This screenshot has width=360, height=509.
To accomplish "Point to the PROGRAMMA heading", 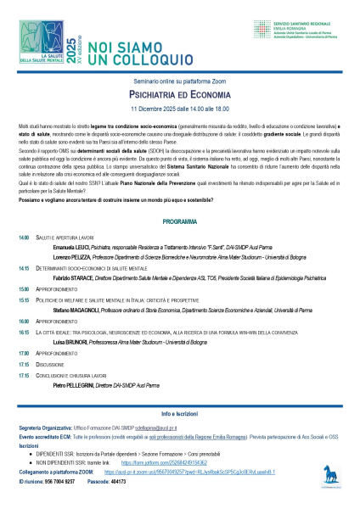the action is click(x=179, y=221).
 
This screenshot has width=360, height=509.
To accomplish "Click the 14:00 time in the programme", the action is click(x=24, y=238).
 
